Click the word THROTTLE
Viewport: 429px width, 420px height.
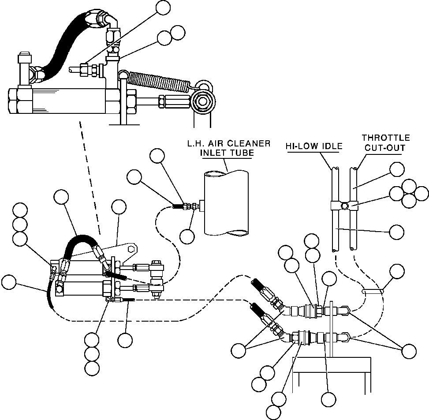pos(386,138)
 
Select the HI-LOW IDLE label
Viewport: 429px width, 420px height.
pos(313,146)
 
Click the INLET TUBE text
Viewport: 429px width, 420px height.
pos(227,154)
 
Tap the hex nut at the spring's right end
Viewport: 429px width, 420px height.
pos(203,101)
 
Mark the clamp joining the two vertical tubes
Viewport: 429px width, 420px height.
pos(342,205)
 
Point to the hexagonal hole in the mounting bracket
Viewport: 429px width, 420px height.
pos(131,249)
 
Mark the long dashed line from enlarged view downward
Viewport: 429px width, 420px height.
pos(91,176)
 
